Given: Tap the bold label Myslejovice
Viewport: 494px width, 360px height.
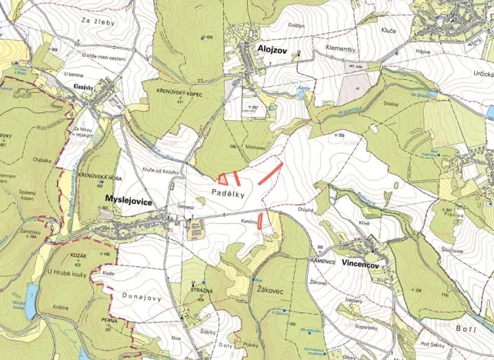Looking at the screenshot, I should point(128,201).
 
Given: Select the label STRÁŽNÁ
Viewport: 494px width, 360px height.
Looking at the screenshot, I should point(201,290).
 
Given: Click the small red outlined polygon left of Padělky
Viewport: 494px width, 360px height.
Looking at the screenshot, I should point(222,178).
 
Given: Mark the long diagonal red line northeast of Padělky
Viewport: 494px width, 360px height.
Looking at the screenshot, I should point(269,172).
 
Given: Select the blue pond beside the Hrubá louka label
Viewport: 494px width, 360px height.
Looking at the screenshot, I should point(30,293).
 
